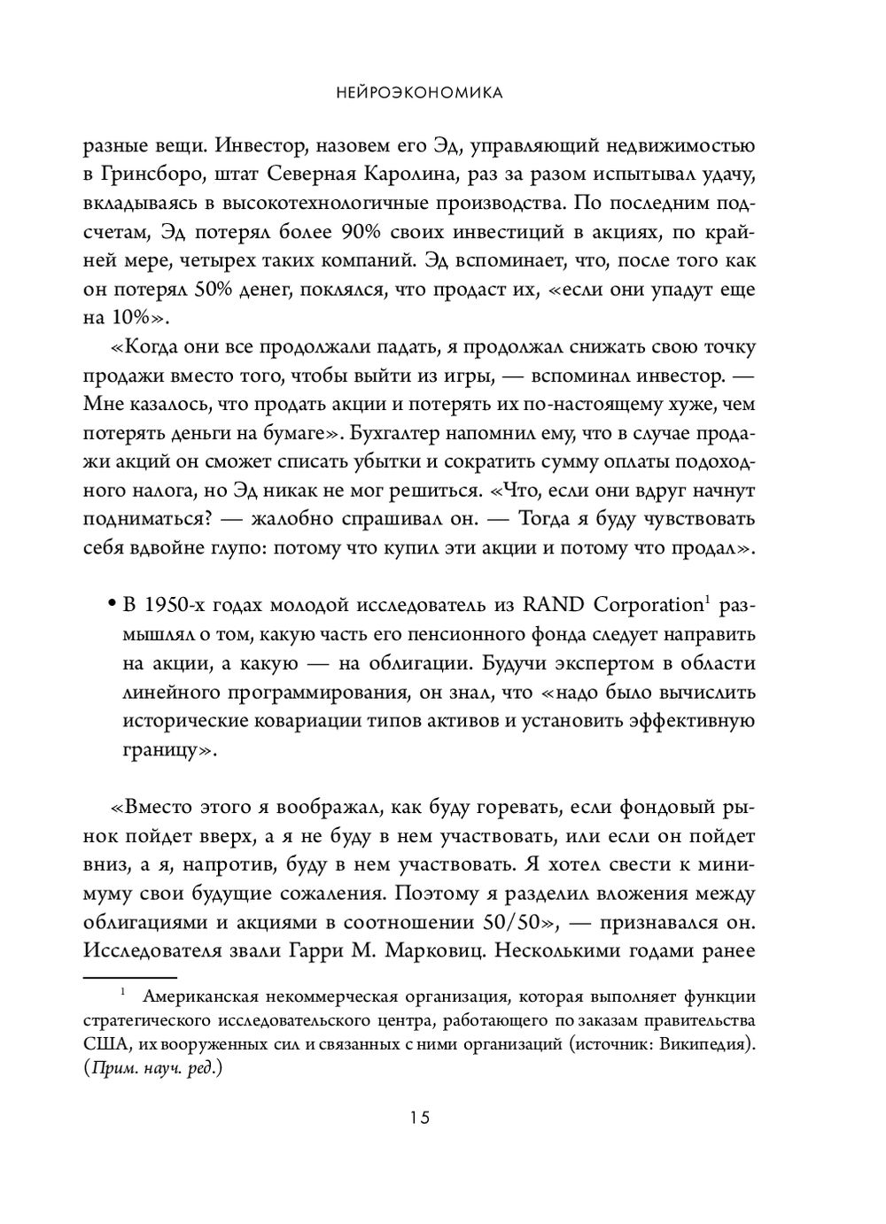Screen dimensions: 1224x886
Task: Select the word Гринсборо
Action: pyautogui.click(x=157, y=174)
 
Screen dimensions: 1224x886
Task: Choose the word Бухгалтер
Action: pyautogui.click(x=395, y=434)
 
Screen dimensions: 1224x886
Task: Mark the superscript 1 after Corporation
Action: pyautogui.click(x=708, y=600)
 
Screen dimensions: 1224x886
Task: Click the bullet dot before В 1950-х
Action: pyautogui.click(x=113, y=606)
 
